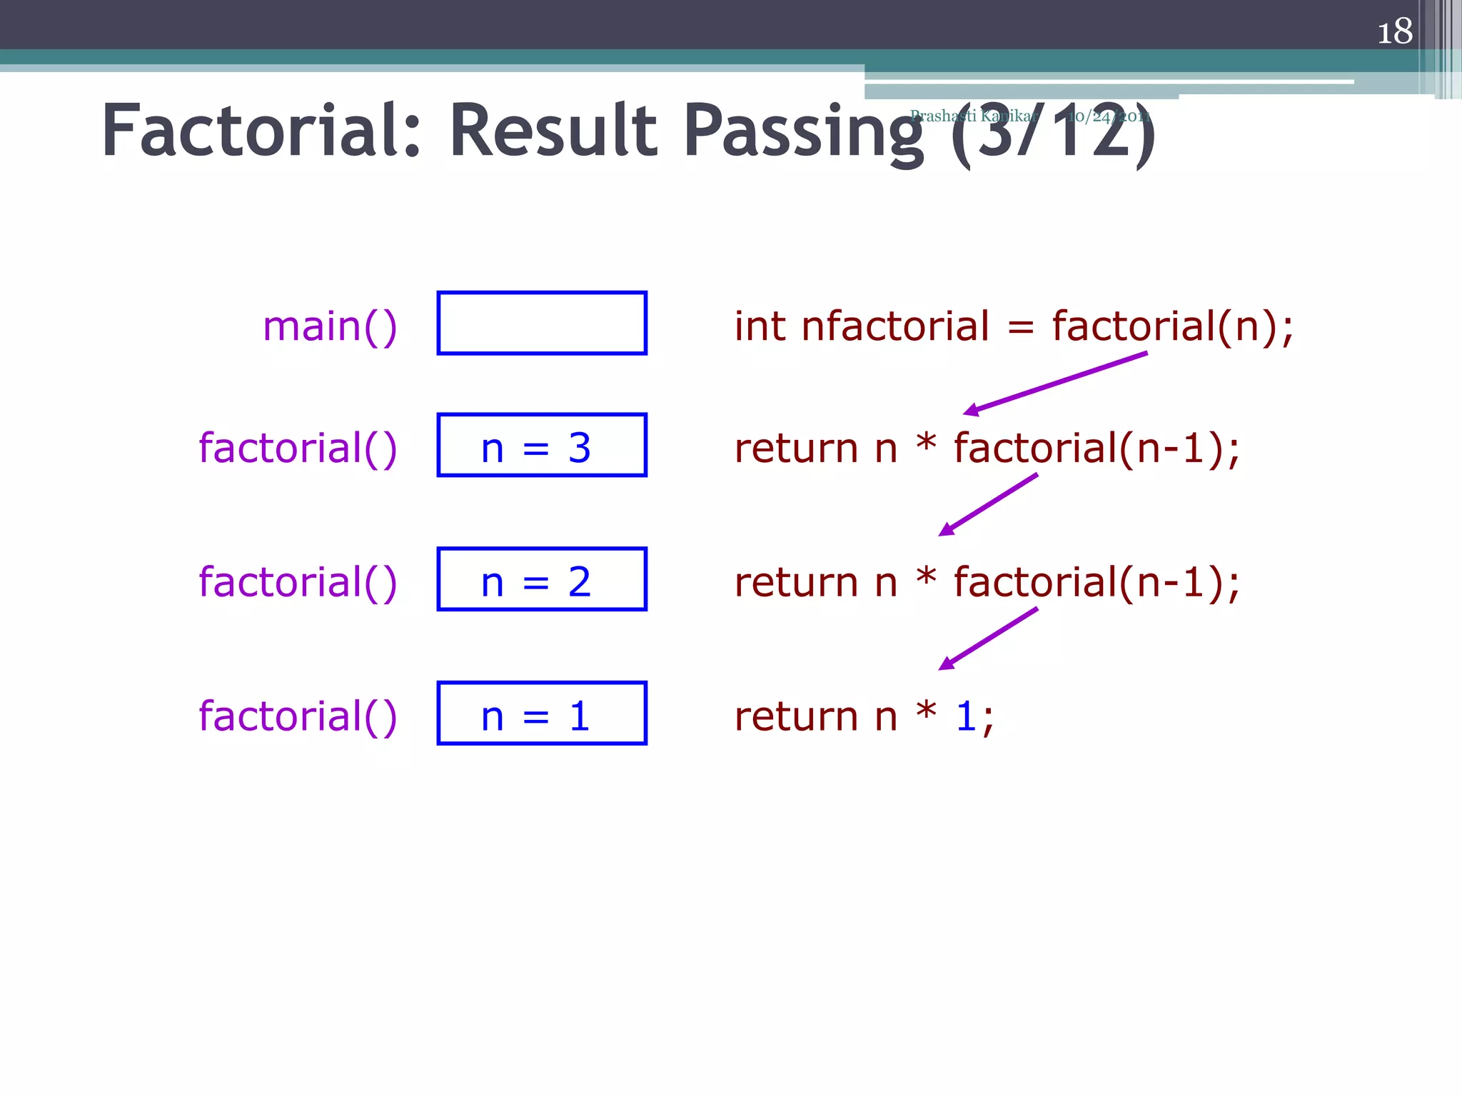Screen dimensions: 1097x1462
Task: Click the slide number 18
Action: pyautogui.click(x=1394, y=32)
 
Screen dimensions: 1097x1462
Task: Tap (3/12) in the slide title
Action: pyautogui.click(x=1052, y=132)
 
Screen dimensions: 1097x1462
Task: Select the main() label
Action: pyautogui.click(x=330, y=326)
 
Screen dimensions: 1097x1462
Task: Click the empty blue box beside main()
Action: pyautogui.click(x=542, y=323)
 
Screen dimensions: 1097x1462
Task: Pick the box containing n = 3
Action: pyautogui.click(x=542, y=445)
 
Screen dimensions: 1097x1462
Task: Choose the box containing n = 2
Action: pyautogui.click(x=542, y=579)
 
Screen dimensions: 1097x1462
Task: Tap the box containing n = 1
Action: pyautogui.click(x=542, y=713)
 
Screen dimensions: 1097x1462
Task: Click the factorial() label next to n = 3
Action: pyautogui.click(x=298, y=449)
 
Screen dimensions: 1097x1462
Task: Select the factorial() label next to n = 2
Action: pyautogui.click(x=298, y=582)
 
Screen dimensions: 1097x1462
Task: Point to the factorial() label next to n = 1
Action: pyautogui.click(x=298, y=716)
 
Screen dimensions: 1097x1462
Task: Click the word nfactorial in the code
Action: pyautogui.click(x=895, y=326)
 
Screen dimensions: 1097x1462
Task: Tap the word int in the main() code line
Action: pyautogui.click(x=759, y=326)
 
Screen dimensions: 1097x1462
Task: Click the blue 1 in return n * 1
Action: pyautogui.click(x=966, y=716)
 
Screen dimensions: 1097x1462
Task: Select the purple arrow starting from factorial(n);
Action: pyautogui.click(x=1055, y=383)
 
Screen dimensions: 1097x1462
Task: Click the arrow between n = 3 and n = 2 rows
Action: pyautogui.click(x=988, y=504)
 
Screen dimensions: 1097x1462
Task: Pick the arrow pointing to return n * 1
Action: pyautogui.click(x=988, y=638)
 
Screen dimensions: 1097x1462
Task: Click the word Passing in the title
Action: pyautogui.click(x=803, y=132)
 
